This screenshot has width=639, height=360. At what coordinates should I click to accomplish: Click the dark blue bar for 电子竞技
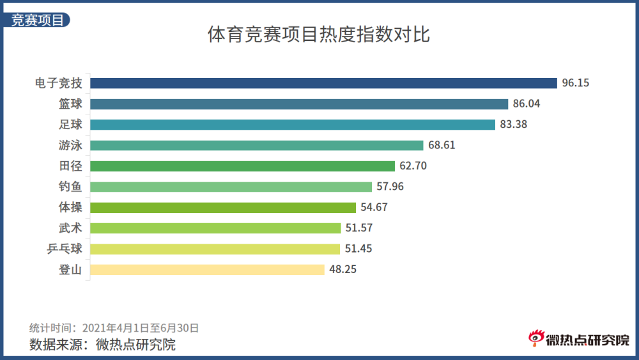(x=323, y=83)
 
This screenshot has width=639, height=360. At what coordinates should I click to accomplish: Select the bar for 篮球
(x=299, y=104)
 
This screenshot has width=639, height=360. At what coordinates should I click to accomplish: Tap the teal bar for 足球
(x=293, y=125)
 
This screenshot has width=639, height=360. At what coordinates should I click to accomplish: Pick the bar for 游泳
(x=257, y=145)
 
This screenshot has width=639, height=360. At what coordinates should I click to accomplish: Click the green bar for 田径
(x=242, y=166)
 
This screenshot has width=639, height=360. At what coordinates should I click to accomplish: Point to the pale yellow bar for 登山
(x=207, y=269)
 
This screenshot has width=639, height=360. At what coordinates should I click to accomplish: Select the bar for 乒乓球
(x=215, y=249)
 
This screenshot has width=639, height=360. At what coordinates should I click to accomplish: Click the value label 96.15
(x=576, y=83)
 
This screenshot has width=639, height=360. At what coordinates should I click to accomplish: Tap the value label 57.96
(x=390, y=187)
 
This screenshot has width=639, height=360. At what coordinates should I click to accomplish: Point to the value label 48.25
(x=343, y=269)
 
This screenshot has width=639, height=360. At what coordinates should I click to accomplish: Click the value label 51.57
(x=359, y=228)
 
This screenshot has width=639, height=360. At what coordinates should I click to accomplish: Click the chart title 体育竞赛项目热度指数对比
(x=319, y=35)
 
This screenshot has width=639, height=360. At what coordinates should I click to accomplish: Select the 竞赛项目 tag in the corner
(x=37, y=20)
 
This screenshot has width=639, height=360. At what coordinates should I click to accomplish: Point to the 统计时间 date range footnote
(x=114, y=328)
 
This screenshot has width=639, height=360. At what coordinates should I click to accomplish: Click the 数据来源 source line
(x=102, y=345)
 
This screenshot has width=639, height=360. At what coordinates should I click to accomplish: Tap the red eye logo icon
(x=535, y=339)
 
